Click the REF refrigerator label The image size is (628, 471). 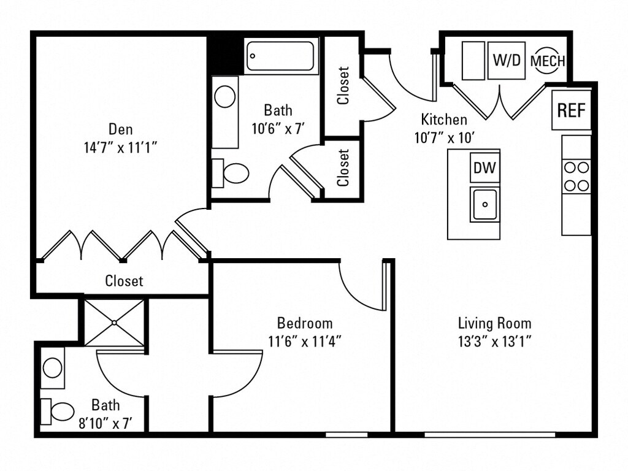click(572, 110)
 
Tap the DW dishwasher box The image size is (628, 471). click(484, 167)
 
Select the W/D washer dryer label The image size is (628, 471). click(507, 61)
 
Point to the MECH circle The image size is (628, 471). click(547, 61)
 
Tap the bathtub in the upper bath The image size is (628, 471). click(281, 56)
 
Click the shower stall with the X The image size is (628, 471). click(115, 322)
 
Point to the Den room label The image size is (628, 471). click(121, 129)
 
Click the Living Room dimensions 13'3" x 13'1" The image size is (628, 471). click(494, 341)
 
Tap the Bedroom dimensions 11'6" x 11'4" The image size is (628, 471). click(305, 341)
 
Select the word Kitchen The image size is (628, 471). click(444, 120)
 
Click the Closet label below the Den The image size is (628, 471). click(124, 281)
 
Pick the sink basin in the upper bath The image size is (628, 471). click(226, 97)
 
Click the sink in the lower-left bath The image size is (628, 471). click(53, 368)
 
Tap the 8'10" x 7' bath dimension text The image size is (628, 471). click(105, 423)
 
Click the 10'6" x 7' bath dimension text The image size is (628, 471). click(278, 129)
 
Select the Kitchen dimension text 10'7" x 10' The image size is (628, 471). click(444, 137)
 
